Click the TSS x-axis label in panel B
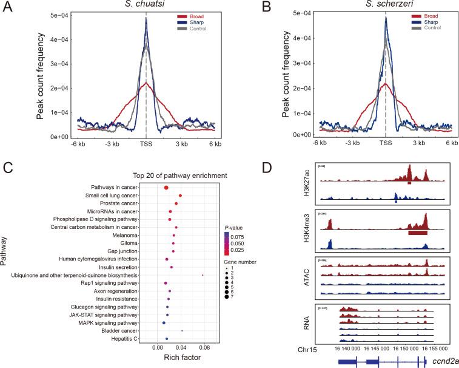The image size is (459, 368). click(386, 144)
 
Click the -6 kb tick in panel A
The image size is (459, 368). click(76, 145)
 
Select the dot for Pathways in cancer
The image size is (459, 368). click(166, 187)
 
